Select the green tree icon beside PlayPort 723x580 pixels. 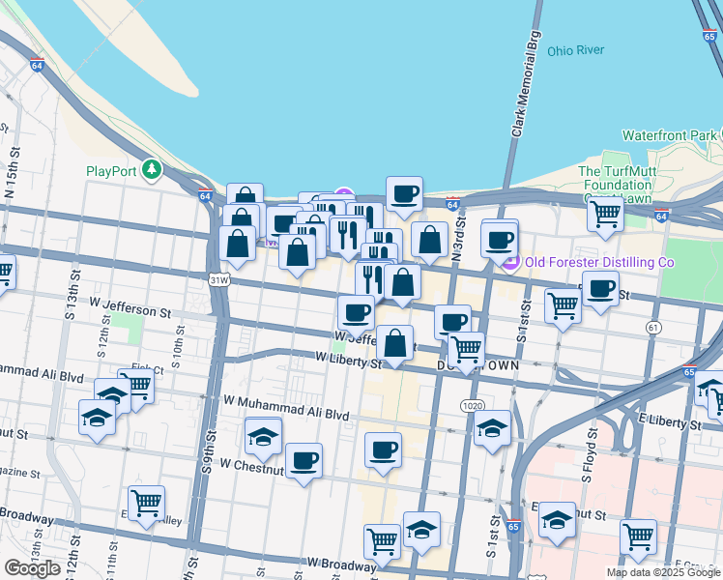click(x=151, y=171)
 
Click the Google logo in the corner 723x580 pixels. click(x=32, y=568)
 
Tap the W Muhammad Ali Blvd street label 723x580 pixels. click(x=285, y=407)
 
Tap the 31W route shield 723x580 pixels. click(x=219, y=280)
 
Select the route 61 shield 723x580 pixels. click(x=654, y=329)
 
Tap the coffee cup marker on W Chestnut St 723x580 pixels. click(x=304, y=461)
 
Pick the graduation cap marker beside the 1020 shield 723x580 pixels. click(x=493, y=427)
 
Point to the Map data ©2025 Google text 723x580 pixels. click(x=663, y=572)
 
